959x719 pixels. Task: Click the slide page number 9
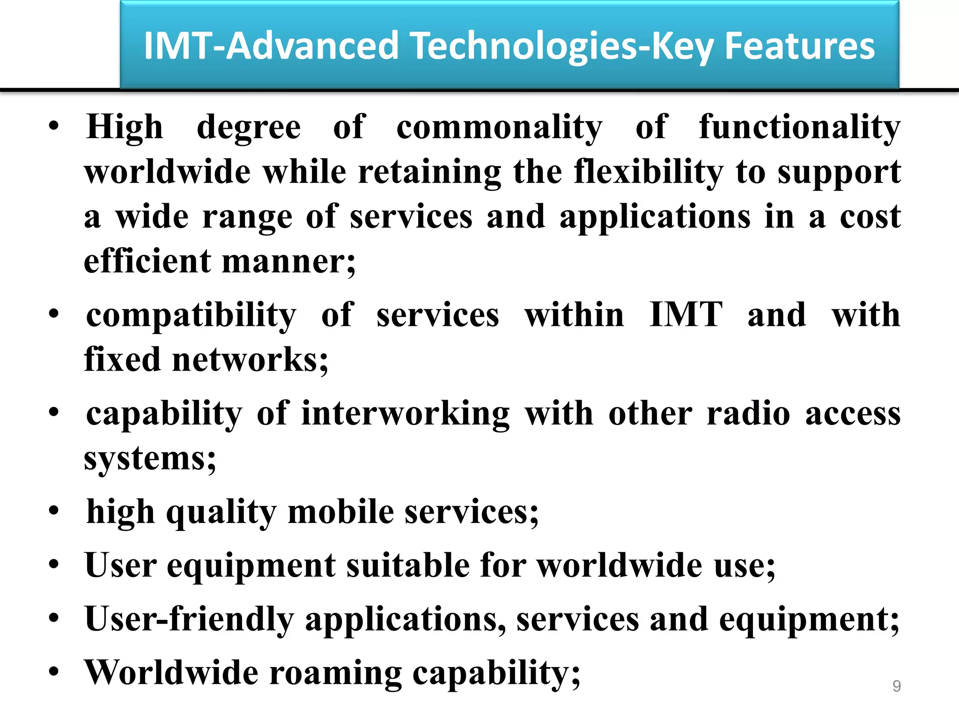point(896,686)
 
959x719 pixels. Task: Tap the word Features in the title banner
point(799,46)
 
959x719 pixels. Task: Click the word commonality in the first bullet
point(499,128)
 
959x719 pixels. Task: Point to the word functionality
point(799,128)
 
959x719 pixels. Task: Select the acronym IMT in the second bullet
point(686,315)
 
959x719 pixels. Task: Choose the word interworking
point(406,414)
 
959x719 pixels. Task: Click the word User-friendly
point(189,620)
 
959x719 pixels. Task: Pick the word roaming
point(335,673)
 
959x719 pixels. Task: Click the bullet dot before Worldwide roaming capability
point(54,672)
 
